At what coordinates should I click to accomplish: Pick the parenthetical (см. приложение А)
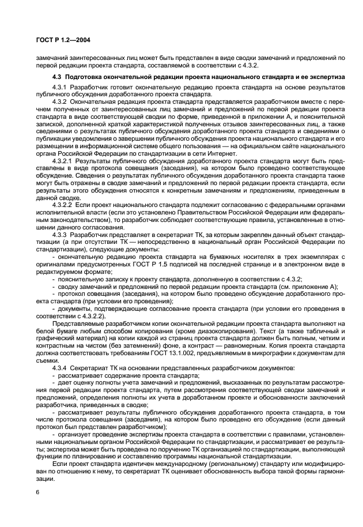click(x=308, y=287)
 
